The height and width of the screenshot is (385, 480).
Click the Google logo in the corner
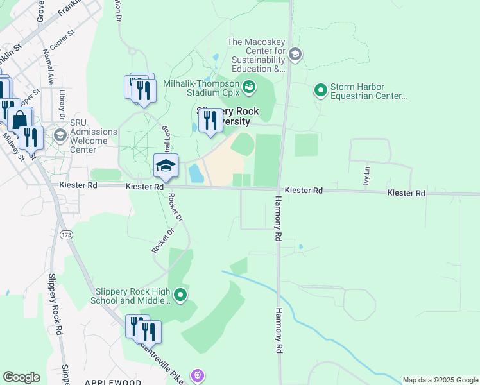point(21,377)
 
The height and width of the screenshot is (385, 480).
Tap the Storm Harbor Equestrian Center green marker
point(320,90)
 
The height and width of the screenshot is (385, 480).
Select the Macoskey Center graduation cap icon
point(295,54)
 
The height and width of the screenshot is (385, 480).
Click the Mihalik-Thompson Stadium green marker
point(248,85)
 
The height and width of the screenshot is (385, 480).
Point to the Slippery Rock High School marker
point(181,295)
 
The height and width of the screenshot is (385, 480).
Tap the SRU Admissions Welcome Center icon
point(60,135)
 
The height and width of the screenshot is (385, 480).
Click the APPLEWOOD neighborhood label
point(113,381)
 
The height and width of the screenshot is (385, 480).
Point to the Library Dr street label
point(62,103)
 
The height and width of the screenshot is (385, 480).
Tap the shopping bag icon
point(20,119)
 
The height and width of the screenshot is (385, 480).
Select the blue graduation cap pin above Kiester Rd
point(166,167)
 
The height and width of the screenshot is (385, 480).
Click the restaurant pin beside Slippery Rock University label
point(210,121)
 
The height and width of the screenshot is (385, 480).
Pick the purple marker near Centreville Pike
point(198,374)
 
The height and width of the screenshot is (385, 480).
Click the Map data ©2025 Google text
point(440,380)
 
